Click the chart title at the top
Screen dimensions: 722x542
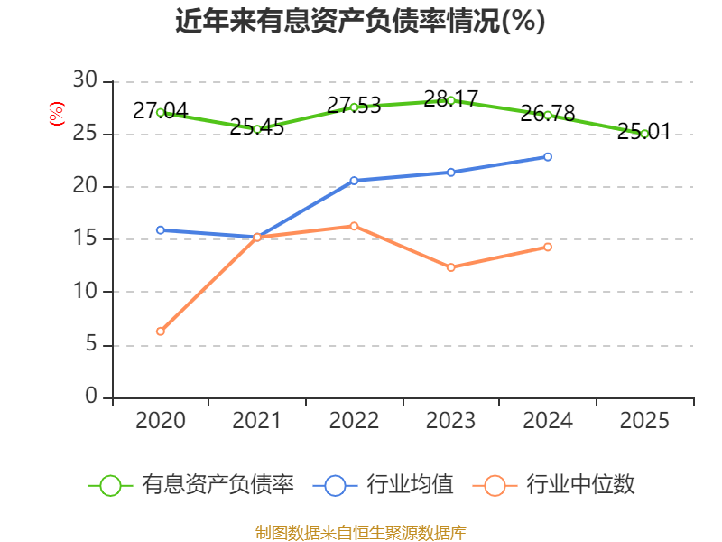[360, 21]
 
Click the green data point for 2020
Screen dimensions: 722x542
[161, 112]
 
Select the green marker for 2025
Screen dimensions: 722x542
[644, 134]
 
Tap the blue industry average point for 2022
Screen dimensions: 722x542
[354, 181]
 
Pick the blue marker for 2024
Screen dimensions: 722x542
[548, 157]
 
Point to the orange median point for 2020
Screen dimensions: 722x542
[161, 332]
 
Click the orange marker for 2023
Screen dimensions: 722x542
[450, 267]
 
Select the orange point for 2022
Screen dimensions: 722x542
[354, 227]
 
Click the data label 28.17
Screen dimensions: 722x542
[450, 99]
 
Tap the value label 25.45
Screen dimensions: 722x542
[257, 127]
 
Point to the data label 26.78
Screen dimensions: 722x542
[548, 114]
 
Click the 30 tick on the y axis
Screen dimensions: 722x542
[85, 79]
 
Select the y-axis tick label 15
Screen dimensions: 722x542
[85, 238]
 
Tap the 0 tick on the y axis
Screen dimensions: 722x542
[91, 396]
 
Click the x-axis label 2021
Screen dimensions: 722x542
[256, 421]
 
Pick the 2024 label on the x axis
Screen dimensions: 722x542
[548, 421]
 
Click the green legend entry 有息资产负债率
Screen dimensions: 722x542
[190, 485]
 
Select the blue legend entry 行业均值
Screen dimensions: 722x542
[383, 485]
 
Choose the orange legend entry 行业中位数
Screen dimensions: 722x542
[553, 485]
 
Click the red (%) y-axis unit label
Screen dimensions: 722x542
[57, 114]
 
